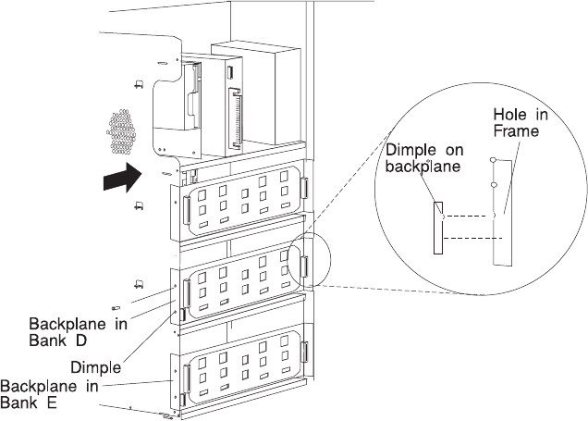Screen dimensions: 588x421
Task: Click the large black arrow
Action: pyautogui.click(x=123, y=177)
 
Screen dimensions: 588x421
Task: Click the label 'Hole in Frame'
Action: pyautogui.click(x=521, y=123)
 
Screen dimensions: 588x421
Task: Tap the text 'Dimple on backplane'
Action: pyautogui.click(x=424, y=158)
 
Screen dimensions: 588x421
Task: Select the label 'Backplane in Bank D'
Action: pyautogui.click(x=78, y=332)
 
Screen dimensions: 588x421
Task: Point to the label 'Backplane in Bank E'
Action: pyautogui.click(x=49, y=394)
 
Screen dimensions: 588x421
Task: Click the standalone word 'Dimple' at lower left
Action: pyautogui.click(x=96, y=367)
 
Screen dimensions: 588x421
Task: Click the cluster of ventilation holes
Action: pyautogui.click(x=121, y=131)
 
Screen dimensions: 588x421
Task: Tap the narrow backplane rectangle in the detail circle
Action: pyautogui.click(x=438, y=229)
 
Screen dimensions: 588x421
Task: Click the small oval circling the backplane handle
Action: pyautogui.click(x=311, y=259)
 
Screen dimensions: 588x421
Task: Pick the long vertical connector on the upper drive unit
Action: pyautogui.click(x=237, y=118)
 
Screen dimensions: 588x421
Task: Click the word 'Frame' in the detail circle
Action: pyautogui.click(x=516, y=131)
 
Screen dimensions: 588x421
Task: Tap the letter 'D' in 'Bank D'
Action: pyautogui.click(x=81, y=341)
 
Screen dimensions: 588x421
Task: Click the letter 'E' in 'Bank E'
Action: pyautogui.click(x=52, y=402)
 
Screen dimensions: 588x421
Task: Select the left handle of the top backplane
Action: pyautogui.click(x=187, y=210)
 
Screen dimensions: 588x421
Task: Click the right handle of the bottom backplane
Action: pyautogui.click(x=304, y=352)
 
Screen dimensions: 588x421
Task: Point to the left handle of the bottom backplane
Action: pyautogui.click(x=187, y=378)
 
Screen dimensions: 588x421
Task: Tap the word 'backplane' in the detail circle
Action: pyautogui.click(x=423, y=167)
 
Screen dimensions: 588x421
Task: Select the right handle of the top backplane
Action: pyautogui.click(x=304, y=188)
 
